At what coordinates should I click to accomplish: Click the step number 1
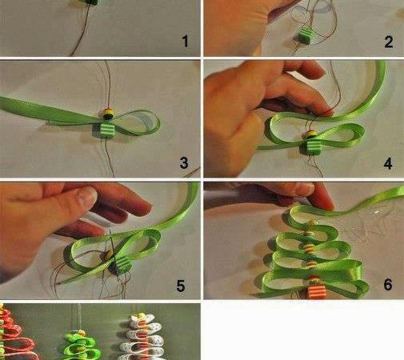(x=185, y=41)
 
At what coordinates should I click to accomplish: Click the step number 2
(x=389, y=42)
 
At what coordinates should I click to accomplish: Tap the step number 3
(x=184, y=163)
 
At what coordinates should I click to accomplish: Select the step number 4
(x=388, y=164)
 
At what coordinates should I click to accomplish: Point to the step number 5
(x=181, y=286)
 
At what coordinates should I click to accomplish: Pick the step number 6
(x=388, y=284)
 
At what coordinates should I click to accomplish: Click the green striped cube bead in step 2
(x=306, y=36)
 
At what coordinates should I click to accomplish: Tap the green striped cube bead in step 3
(x=107, y=131)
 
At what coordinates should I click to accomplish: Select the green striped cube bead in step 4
(x=311, y=147)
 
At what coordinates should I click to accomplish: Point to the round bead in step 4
(x=310, y=135)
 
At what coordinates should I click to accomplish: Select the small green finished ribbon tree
(x=81, y=345)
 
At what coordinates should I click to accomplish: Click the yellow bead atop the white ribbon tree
(x=141, y=315)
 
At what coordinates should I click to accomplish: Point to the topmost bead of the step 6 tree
(x=313, y=222)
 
